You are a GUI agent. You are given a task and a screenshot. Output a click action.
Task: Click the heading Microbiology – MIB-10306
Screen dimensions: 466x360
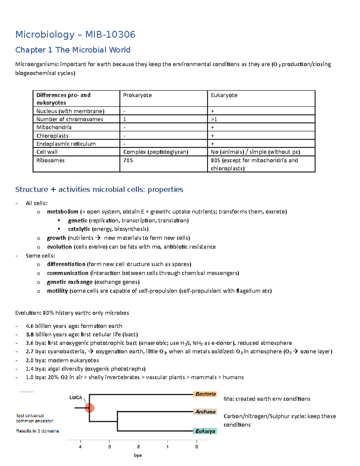(75, 35)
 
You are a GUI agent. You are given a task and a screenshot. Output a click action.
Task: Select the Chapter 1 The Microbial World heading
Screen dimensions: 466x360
(73, 50)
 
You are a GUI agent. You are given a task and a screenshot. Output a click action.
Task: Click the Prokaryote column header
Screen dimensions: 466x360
(137, 95)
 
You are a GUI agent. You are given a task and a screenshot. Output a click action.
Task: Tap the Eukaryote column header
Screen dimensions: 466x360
(224, 95)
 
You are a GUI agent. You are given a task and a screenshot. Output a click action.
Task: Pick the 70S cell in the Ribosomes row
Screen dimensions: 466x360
(128, 160)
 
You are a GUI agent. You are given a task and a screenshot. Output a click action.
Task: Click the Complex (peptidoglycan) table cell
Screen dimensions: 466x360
(156, 152)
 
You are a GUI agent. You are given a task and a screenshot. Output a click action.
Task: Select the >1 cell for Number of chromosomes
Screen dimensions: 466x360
(214, 119)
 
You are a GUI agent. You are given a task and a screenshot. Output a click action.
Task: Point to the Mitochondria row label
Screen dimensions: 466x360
(54, 127)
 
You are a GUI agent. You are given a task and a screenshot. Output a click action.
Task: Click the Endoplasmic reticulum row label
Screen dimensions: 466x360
(66, 144)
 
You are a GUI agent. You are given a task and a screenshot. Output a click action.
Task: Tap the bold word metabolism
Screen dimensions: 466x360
(62, 212)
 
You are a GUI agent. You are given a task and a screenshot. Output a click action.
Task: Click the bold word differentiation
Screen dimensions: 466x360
(66, 264)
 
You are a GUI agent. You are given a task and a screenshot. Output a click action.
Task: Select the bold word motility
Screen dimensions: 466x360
(57, 291)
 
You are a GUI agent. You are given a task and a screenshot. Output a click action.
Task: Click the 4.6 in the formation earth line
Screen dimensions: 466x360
(30, 326)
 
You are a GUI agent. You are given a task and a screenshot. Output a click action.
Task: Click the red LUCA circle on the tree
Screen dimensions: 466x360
(89, 408)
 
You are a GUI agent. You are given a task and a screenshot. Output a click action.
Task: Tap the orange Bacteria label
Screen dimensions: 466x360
(205, 394)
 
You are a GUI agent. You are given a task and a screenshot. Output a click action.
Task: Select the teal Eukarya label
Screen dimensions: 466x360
(205, 431)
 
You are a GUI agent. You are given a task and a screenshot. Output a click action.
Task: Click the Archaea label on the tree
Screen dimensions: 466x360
(205, 412)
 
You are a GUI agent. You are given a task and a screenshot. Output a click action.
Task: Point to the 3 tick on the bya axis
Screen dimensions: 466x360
(109, 446)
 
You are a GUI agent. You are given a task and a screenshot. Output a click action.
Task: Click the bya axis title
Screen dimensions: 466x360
(138, 455)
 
